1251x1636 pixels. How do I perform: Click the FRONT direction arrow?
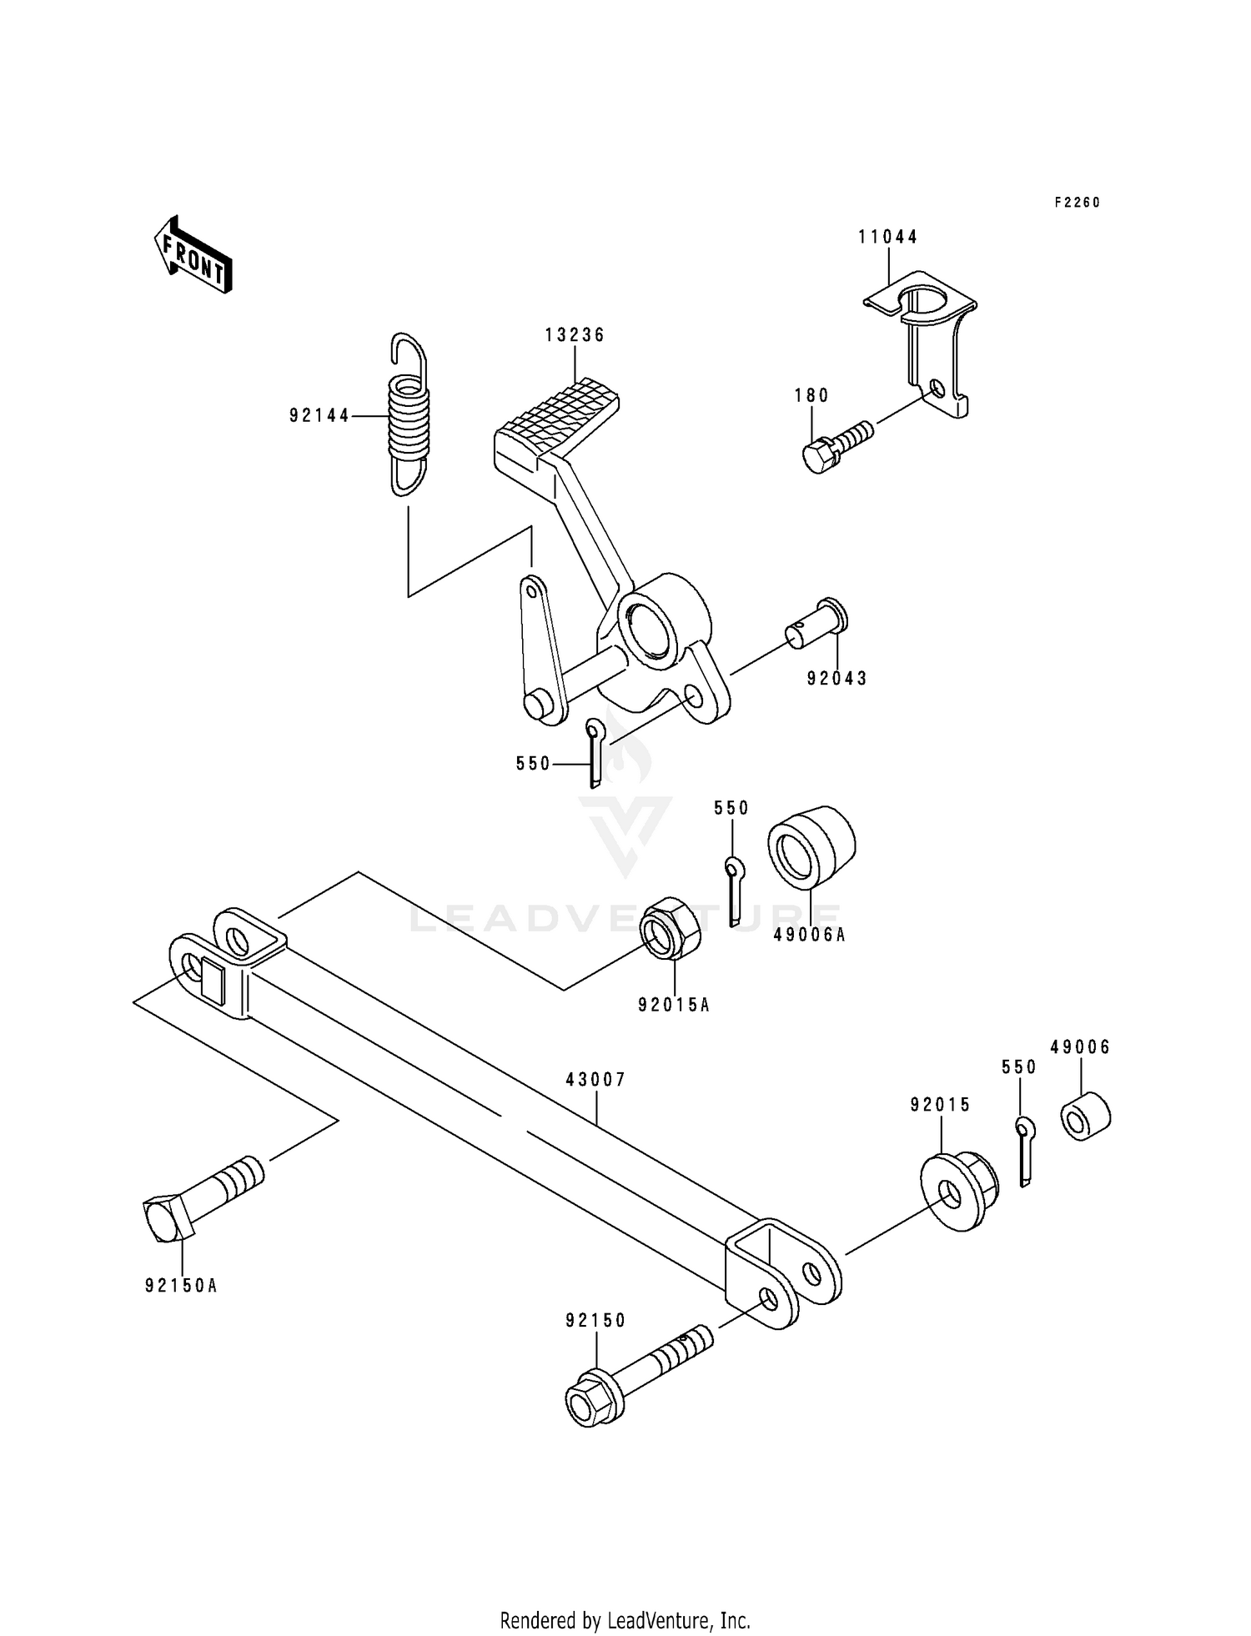pos(192,255)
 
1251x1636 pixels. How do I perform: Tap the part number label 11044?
pos(887,237)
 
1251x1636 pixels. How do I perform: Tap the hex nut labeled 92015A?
pos(670,928)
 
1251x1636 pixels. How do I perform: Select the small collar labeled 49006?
pos(1085,1117)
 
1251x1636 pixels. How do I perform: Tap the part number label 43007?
pos(595,1079)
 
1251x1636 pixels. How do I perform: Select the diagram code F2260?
pos(1077,203)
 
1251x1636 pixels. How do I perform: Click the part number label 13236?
pos(575,334)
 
